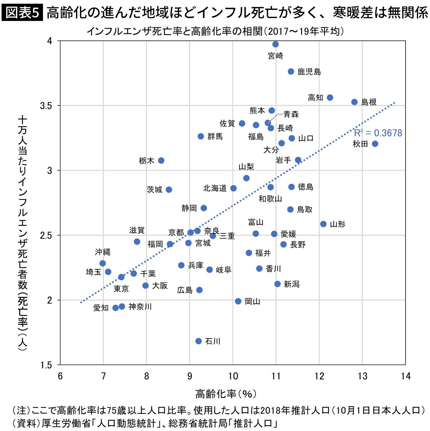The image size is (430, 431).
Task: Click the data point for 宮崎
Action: [275, 44]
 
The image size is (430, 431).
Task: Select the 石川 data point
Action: [199, 341]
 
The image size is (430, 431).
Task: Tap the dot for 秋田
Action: [375, 144]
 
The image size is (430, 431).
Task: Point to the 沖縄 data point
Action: [103, 263]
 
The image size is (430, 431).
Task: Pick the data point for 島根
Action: [355, 102]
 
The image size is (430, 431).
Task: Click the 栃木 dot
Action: [161, 160]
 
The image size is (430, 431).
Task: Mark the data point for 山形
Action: [323, 224]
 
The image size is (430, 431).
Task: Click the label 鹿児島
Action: [309, 72]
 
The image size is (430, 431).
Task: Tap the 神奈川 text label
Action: [140, 307]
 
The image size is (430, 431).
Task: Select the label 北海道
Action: [215, 188]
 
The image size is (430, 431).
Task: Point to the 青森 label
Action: [291, 114]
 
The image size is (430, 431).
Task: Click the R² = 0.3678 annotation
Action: [378, 133]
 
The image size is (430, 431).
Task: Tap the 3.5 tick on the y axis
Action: [46, 106]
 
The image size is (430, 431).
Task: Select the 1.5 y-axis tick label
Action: [46, 365]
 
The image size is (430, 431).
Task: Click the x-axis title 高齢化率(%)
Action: [226, 394]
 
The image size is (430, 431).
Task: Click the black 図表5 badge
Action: [22, 13]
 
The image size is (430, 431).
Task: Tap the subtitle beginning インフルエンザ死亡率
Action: [215, 31]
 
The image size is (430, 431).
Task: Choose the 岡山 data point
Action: [238, 301]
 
